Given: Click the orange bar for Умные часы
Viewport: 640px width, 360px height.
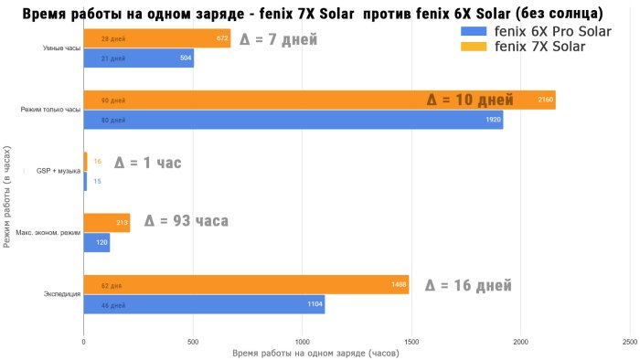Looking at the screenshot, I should click(156, 39).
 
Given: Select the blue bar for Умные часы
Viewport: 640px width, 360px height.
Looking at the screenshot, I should click(138, 58).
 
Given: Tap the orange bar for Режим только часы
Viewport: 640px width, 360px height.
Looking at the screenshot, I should click(319, 101).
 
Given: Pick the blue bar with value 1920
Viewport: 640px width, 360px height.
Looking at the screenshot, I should click(293, 120).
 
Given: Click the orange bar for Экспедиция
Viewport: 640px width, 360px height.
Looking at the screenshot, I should click(246, 285).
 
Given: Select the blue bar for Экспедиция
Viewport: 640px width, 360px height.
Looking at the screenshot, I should click(204, 304).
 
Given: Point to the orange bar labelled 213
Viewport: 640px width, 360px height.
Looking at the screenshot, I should click(107, 223).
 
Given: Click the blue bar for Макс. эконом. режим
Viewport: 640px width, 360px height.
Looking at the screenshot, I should click(96, 242).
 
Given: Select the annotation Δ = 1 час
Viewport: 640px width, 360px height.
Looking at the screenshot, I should click(147, 164).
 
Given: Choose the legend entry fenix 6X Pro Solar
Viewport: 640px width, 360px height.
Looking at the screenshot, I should click(536, 31).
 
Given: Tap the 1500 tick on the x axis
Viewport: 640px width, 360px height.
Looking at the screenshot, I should click(411, 341).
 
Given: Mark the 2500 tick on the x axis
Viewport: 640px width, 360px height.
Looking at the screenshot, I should click(629, 341).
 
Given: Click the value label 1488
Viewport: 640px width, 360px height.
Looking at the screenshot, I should click(399, 285).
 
